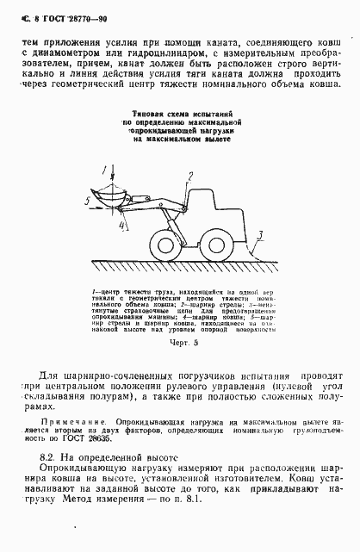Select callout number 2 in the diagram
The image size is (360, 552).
click(x=189, y=174)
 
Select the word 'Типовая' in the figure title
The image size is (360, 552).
click(x=144, y=115)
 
